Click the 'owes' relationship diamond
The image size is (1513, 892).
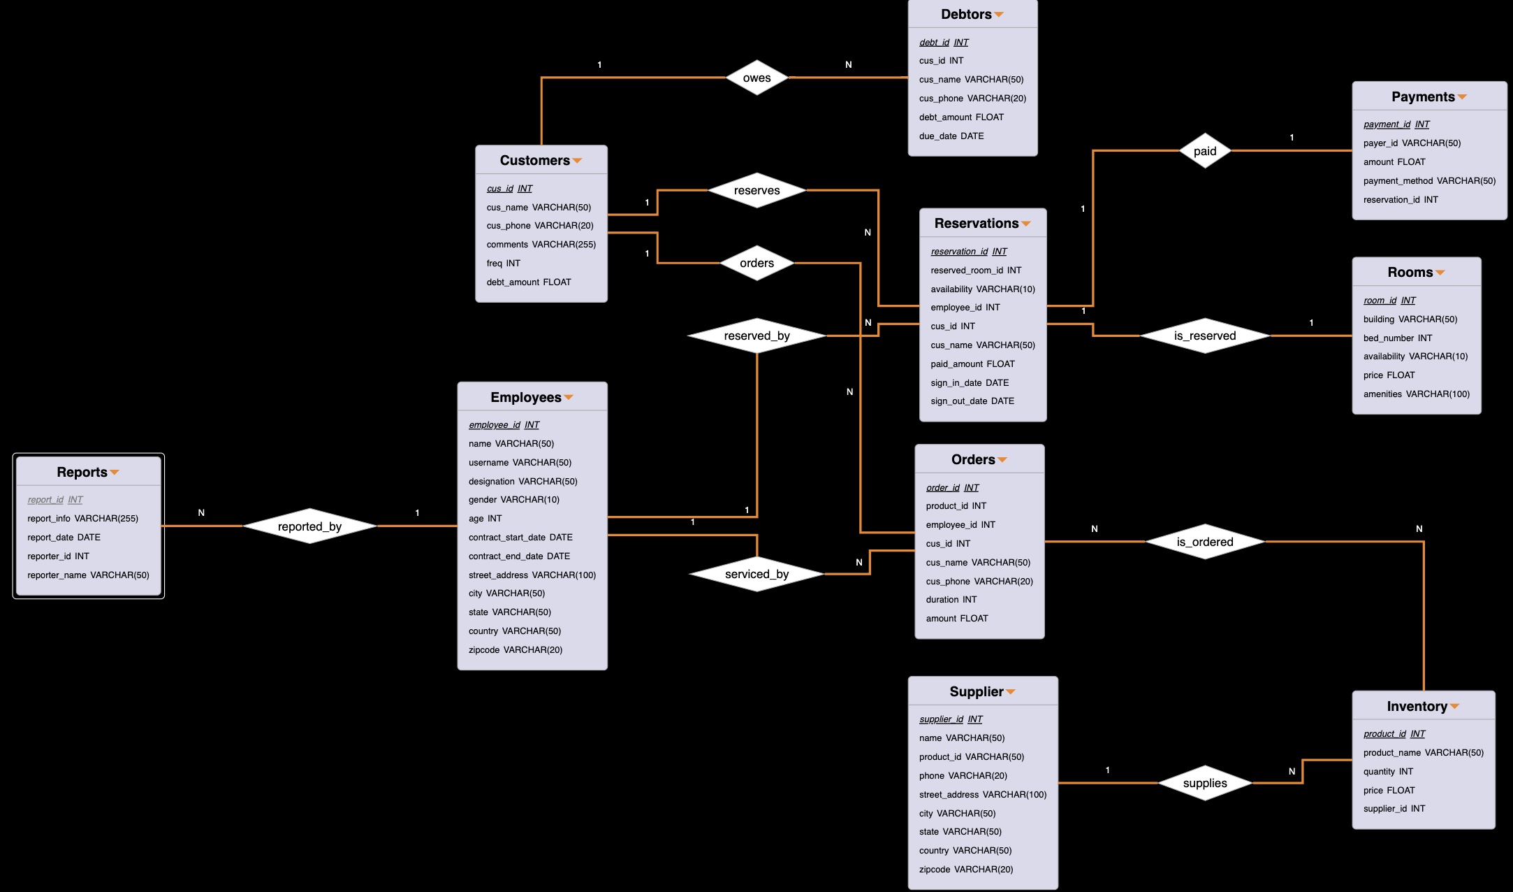(x=757, y=78)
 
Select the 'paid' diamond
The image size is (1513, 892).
(x=1205, y=151)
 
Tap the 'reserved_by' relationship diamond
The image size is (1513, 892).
(x=757, y=336)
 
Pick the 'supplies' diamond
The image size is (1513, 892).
(x=1205, y=783)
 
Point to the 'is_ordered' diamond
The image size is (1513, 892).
(x=1205, y=542)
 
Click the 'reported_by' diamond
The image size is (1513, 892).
(x=309, y=526)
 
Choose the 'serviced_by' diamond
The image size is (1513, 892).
(x=757, y=574)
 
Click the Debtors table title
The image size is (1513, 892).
(x=966, y=14)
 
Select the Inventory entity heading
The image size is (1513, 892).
(x=1417, y=706)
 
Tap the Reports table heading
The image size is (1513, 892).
(x=82, y=472)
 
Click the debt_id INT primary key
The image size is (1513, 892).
(x=944, y=42)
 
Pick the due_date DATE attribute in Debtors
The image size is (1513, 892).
(x=951, y=136)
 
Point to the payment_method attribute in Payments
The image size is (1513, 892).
(x=1429, y=180)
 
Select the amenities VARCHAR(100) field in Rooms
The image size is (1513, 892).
(x=1416, y=394)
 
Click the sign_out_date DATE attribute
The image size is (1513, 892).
(x=972, y=401)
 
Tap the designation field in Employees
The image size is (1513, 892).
(x=522, y=481)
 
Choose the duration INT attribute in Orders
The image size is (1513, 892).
(x=951, y=599)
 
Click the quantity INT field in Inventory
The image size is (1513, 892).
(x=1388, y=771)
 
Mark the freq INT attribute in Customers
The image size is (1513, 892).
(x=503, y=263)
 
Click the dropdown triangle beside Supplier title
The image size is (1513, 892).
(x=1011, y=692)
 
